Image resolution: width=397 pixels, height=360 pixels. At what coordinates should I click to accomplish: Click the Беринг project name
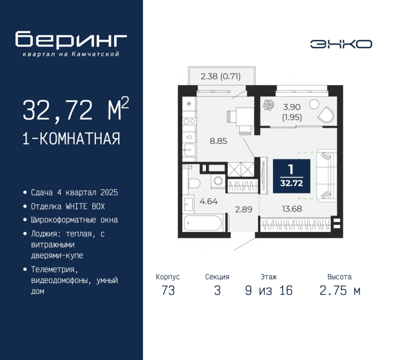pos(71,39)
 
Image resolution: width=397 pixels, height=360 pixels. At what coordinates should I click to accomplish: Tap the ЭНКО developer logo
pos(341,44)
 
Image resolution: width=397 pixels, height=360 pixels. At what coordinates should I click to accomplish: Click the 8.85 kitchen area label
pos(218,141)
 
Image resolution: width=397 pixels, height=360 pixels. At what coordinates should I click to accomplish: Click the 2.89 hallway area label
pos(244,209)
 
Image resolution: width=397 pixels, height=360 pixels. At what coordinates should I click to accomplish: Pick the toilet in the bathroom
pos(194,183)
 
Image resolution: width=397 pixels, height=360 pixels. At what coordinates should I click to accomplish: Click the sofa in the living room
pos(326,175)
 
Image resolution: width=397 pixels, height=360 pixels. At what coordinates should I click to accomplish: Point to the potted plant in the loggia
pos(270,105)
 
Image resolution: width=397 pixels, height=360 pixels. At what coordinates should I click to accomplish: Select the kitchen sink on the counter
pos(189,147)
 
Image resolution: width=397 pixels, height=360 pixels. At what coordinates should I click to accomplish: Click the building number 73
pos(168,291)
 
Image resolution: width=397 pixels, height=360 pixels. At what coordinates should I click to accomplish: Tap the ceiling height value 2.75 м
pos(339,291)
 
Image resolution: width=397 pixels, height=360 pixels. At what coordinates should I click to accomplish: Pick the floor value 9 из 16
pos(268,291)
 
